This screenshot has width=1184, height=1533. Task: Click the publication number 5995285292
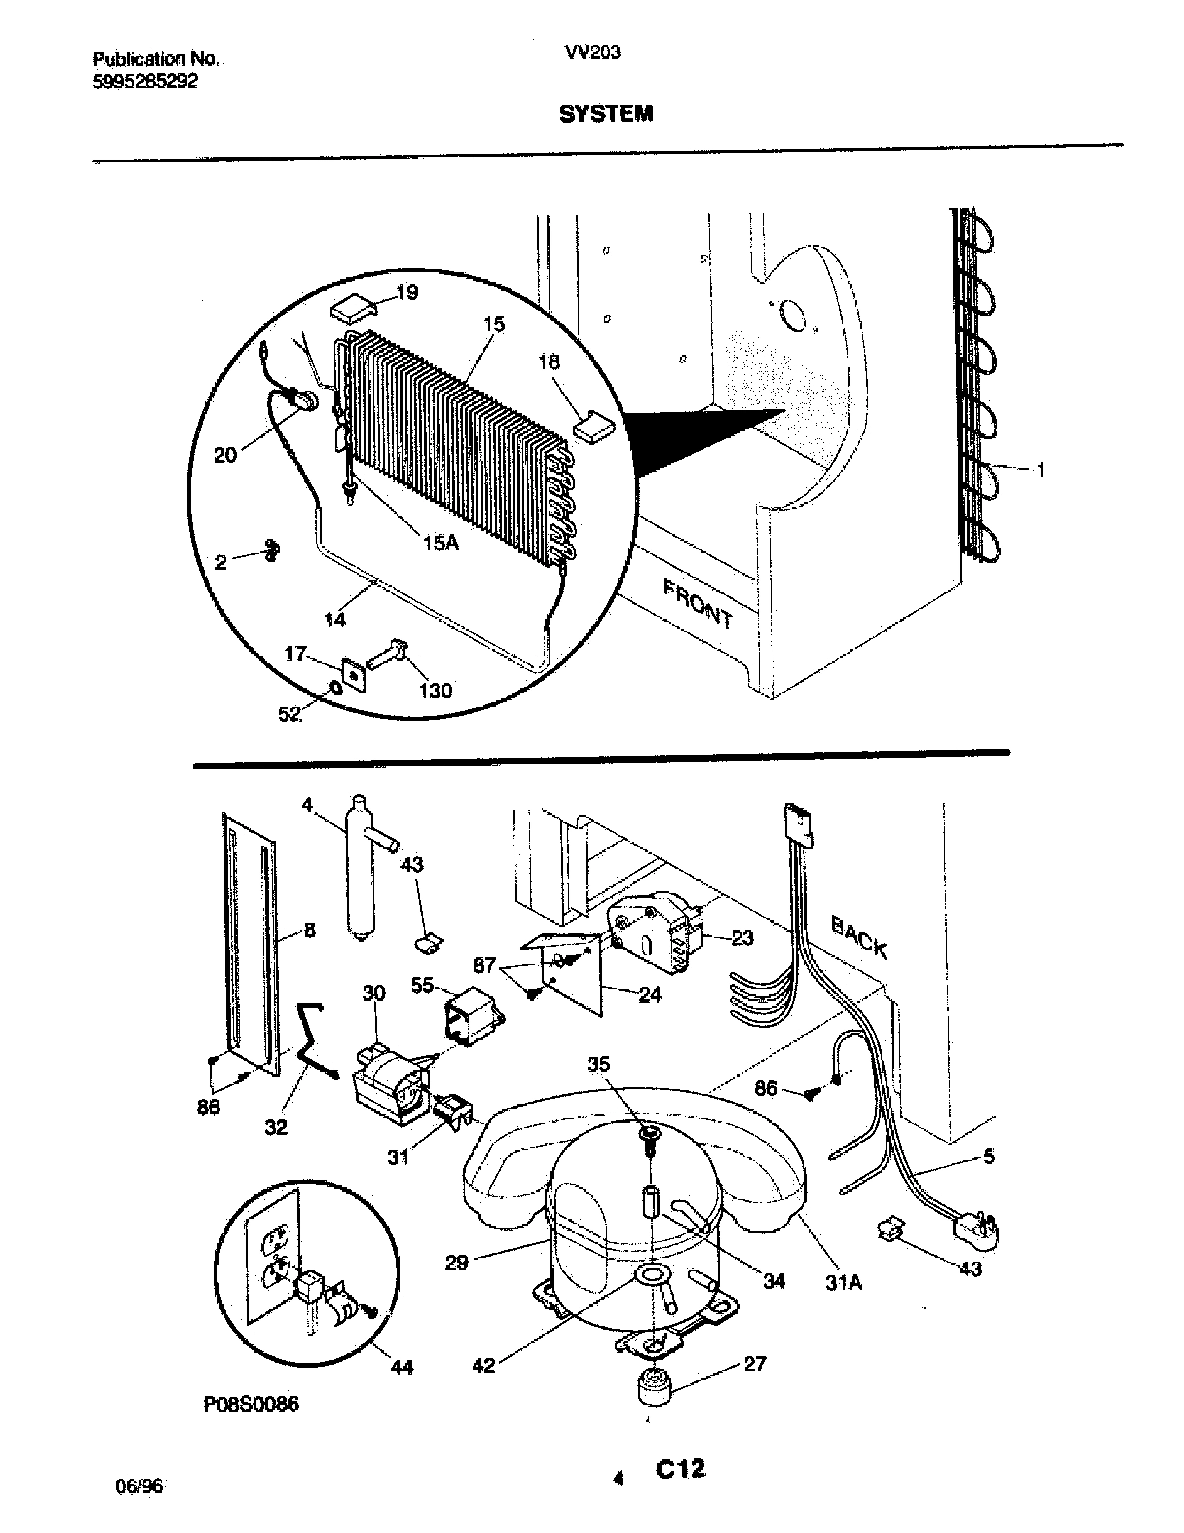pos(144,82)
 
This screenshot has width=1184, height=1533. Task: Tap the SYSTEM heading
pos(605,114)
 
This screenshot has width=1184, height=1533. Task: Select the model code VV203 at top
pos(593,53)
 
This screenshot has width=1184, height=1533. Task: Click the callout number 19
pos(407,293)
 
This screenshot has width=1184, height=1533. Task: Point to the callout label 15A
pos(441,542)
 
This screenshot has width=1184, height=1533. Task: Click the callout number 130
pos(435,691)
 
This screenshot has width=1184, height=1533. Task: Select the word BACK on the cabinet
pos(859,937)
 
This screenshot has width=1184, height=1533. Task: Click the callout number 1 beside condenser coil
pos(1041,470)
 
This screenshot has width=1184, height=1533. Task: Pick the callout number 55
pos(422,986)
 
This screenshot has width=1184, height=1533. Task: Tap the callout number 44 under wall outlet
pos(401,1366)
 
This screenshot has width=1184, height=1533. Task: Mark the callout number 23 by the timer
pos(743,937)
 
